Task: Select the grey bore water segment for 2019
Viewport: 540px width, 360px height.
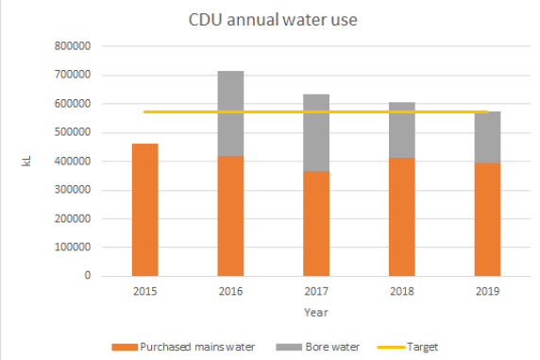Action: point(487,137)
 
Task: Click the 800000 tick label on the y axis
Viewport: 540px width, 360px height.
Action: point(72,46)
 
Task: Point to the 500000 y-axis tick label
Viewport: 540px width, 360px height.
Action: point(72,132)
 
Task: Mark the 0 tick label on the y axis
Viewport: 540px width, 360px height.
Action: point(85,276)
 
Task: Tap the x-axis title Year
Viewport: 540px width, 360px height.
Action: point(315,312)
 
